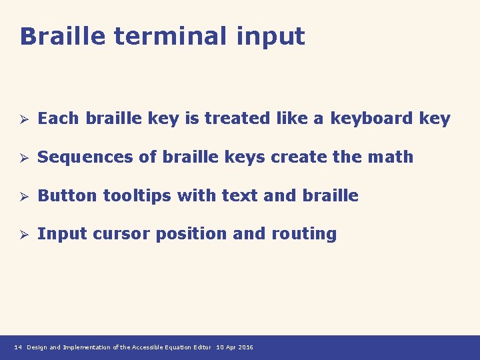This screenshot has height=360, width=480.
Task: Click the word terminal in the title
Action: click(171, 36)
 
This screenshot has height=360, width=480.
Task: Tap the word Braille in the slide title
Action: click(63, 36)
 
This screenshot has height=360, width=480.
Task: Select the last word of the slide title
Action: click(270, 37)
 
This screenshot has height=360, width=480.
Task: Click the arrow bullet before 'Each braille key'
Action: click(22, 119)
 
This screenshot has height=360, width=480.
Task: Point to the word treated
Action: click(232, 119)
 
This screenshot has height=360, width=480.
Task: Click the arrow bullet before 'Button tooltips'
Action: click(22, 197)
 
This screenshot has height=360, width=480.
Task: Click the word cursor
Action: click(119, 234)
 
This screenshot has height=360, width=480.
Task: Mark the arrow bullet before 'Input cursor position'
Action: click(22, 235)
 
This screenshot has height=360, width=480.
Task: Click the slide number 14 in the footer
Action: click(18, 347)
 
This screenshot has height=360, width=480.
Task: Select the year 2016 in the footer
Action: click(245, 347)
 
